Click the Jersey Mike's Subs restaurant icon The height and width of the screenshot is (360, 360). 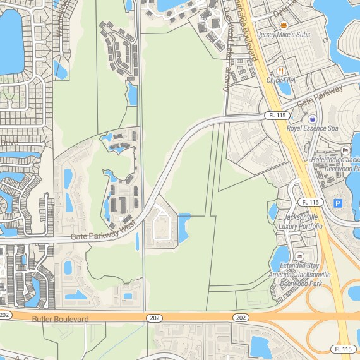coord(283,25)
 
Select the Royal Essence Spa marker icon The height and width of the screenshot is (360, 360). coord(312,119)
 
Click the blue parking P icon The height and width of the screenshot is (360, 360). coord(337,203)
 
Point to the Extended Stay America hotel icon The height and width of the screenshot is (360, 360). coord(299,255)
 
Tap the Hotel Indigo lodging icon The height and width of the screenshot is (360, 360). coord(345,150)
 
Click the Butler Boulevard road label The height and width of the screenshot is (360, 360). coord(60,319)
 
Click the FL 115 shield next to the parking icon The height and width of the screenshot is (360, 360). coord(311,202)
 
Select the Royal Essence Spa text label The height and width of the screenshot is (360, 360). coord(313,128)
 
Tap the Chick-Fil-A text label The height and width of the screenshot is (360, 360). coord(282,80)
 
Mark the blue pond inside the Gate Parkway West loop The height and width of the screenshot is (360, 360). coord(184,227)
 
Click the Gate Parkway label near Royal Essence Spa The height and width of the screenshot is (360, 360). coord(320,95)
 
